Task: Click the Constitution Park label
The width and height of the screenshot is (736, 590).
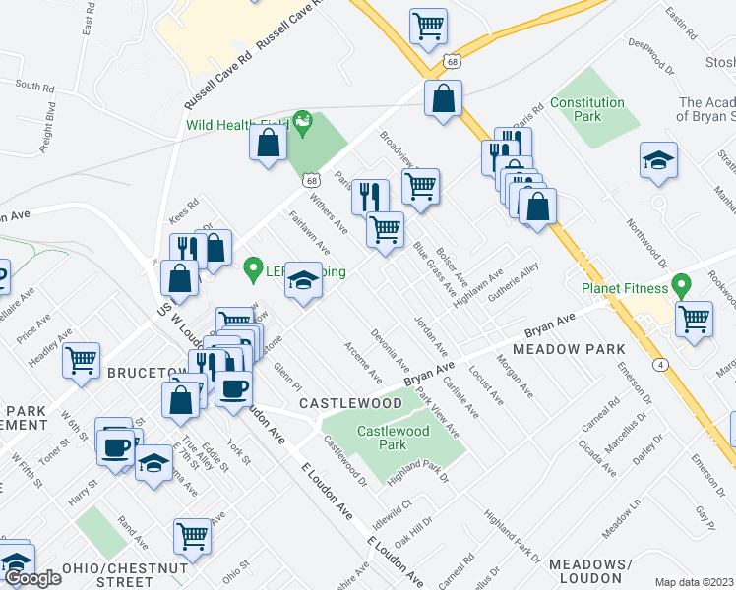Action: click(x=587, y=109)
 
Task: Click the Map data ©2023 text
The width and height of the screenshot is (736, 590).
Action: click(x=694, y=582)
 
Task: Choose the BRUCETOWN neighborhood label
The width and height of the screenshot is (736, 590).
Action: click(x=146, y=373)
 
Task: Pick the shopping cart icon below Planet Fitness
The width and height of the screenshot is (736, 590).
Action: click(x=695, y=319)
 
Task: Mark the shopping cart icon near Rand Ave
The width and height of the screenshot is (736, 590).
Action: click(x=192, y=536)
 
